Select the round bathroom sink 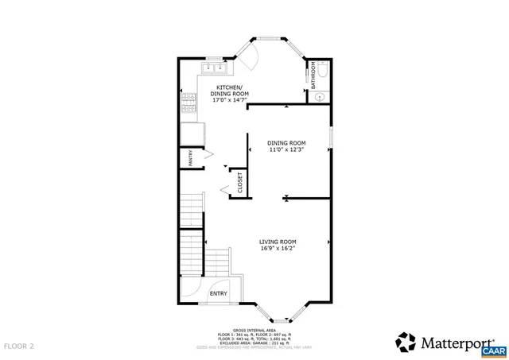tap(319, 97)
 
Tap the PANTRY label tap(191, 158)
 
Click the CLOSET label tap(239, 182)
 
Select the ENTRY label tap(218, 293)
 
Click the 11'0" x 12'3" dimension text tap(286, 149)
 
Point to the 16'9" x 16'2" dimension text tap(278, 249)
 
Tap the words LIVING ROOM tap(278, 242)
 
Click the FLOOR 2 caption tap(19, 346)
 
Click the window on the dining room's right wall tap(332, 137)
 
